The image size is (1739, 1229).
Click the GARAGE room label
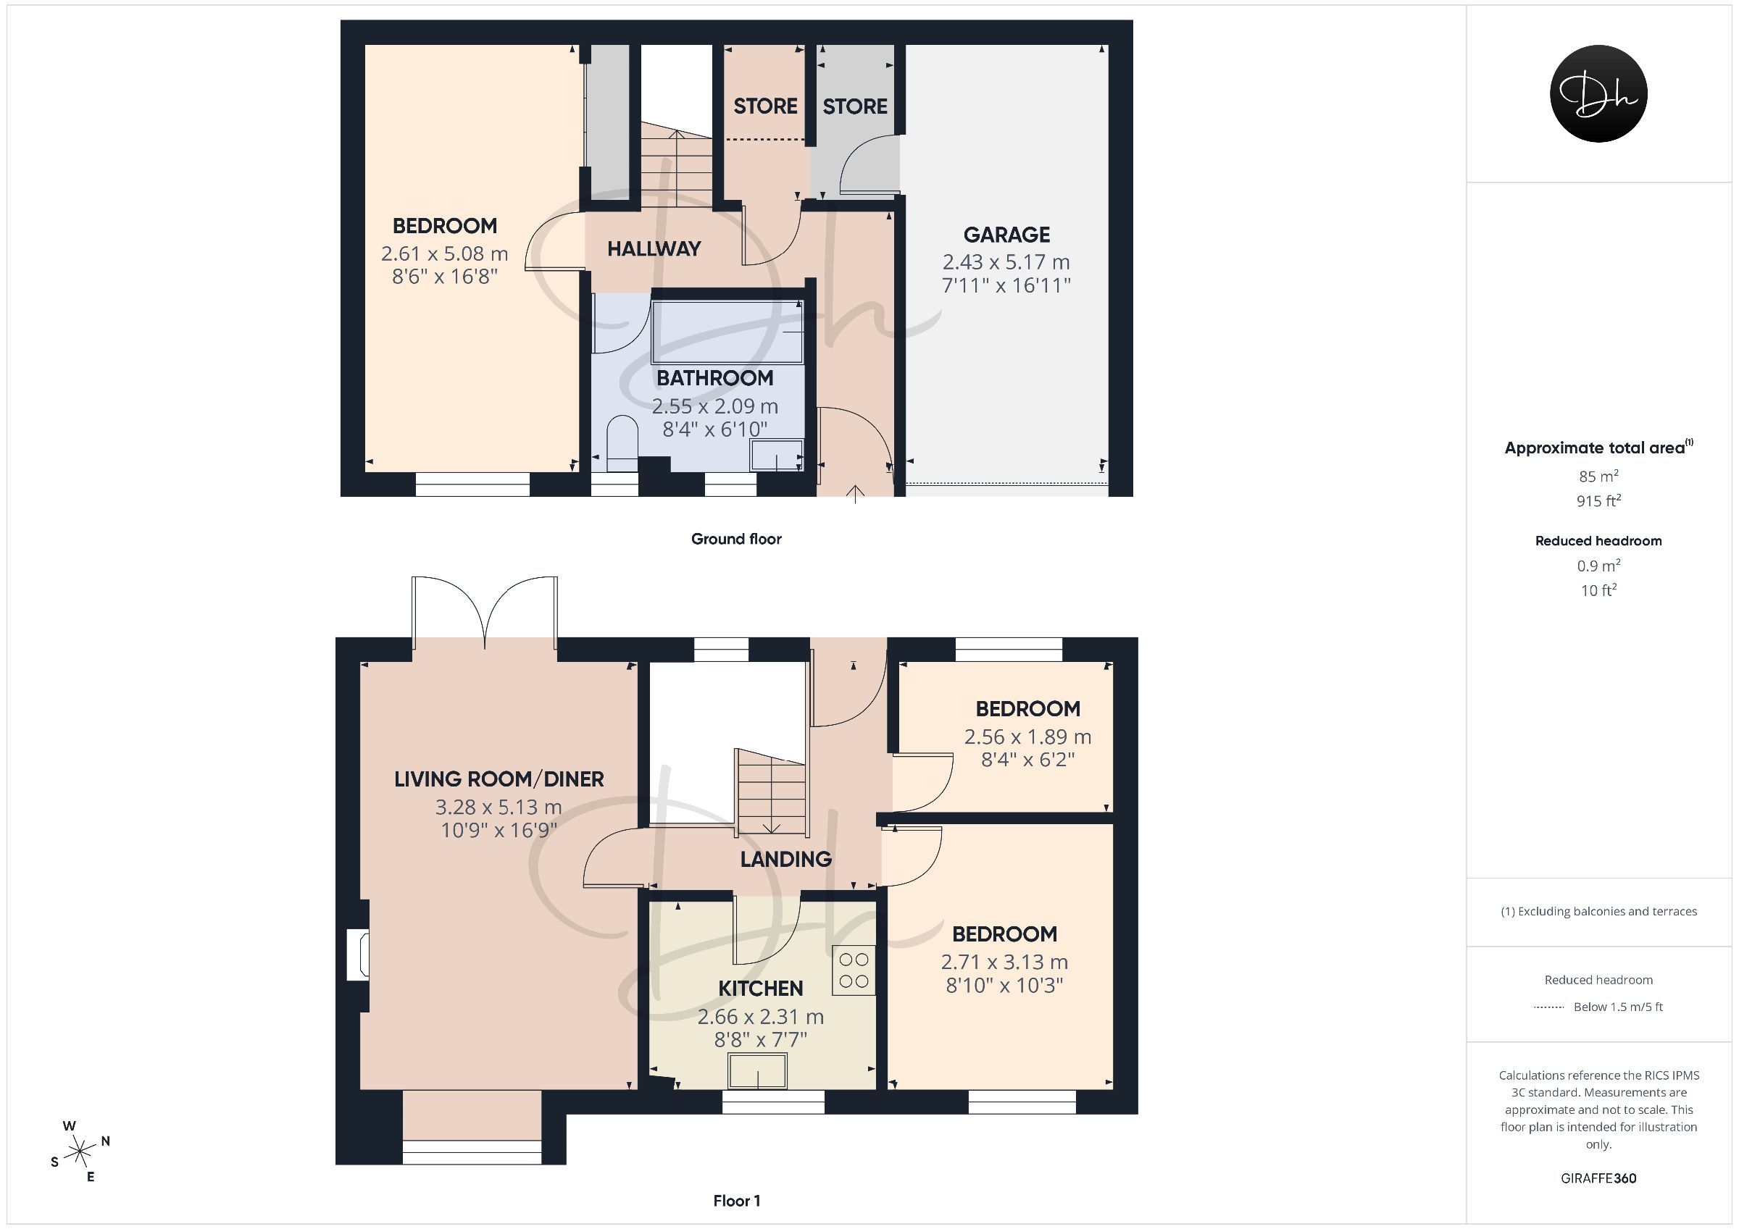click(1006, 235)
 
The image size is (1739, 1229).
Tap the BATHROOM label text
click(714, 378)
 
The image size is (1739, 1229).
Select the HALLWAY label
click(654, 248)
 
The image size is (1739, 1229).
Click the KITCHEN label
click(760, 989)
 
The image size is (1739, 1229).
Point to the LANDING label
click(785, 859)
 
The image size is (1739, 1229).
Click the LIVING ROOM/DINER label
click(499, 779)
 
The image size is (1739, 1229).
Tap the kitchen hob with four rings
click(854, 970)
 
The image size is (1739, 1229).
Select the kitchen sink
click(757, 1070)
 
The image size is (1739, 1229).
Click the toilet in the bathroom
click(622, 444)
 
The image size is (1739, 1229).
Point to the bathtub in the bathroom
click(727, 332)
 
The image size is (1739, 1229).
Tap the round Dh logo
click(1598, 94)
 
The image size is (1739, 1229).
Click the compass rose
click(80, 1152)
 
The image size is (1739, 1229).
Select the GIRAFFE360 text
click(1598, 1178)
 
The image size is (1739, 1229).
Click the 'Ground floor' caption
click(736, 539)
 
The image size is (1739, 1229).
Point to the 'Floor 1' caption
click(737, 1201)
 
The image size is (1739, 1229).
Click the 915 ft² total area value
click(1598, 500)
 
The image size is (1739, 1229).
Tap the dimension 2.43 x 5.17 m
click(1006, 262)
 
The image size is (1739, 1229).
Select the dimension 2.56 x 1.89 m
click(1027, 737)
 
